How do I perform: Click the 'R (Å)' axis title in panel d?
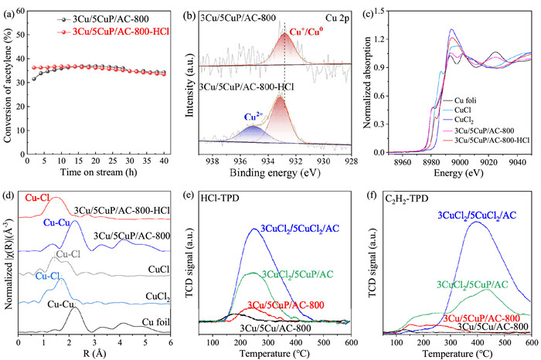(98, 352)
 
